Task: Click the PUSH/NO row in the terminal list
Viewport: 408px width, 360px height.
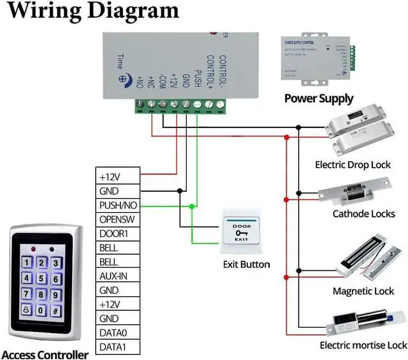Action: [x=118, y=205]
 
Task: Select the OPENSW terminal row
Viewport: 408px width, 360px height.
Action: [x=118, y=219]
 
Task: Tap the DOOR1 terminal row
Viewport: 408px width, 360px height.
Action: [x=118, y=233]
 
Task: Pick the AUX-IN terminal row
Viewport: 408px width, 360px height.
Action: [x=118, y=276]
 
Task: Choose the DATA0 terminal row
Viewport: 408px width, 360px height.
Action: [x=118, y=333]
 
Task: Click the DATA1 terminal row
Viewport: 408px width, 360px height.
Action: [x=118, y=347]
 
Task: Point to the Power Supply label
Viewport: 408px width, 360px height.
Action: [x=318, y=99]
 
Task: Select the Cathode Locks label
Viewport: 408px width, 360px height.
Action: [x=363, y=214]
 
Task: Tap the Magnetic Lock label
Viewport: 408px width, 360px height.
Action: [x=363, y=291]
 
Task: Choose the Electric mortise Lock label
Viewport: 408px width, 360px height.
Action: [x=363, y=345]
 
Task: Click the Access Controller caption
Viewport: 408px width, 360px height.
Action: [x=44, y=354]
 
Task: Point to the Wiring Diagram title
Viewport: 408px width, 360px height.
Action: [x=93, y=11]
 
